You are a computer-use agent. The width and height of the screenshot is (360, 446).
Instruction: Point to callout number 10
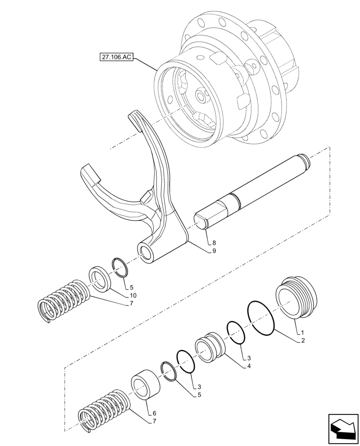pos(133,295)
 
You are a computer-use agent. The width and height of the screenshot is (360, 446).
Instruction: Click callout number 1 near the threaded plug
pos(303,333)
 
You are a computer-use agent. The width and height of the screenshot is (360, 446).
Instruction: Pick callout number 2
pos(303,341)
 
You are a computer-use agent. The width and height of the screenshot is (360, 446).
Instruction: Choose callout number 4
pos(248,366)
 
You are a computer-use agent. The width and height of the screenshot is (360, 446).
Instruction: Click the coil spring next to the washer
pos(62,301)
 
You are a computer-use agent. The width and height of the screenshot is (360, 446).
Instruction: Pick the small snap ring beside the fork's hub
pos(120,267)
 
